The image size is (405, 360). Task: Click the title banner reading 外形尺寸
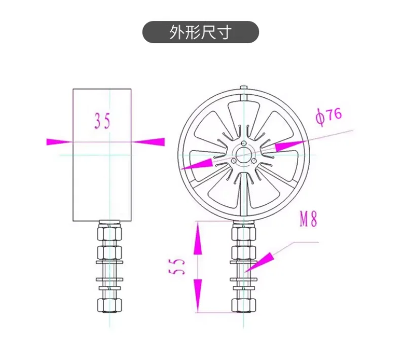[x=200, y=32]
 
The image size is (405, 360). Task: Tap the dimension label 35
[x=102, y=121]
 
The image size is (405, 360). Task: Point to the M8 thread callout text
[x=308, y=219]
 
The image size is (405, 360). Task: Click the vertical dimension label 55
[x=177, y=266]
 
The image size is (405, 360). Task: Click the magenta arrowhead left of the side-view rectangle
[x=59, y=141]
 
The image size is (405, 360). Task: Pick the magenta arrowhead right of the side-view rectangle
[x=148, y=141]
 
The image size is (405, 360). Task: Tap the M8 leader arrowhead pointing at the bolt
[x=259, y=262]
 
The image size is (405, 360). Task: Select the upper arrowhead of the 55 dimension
[x=198, y=238]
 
